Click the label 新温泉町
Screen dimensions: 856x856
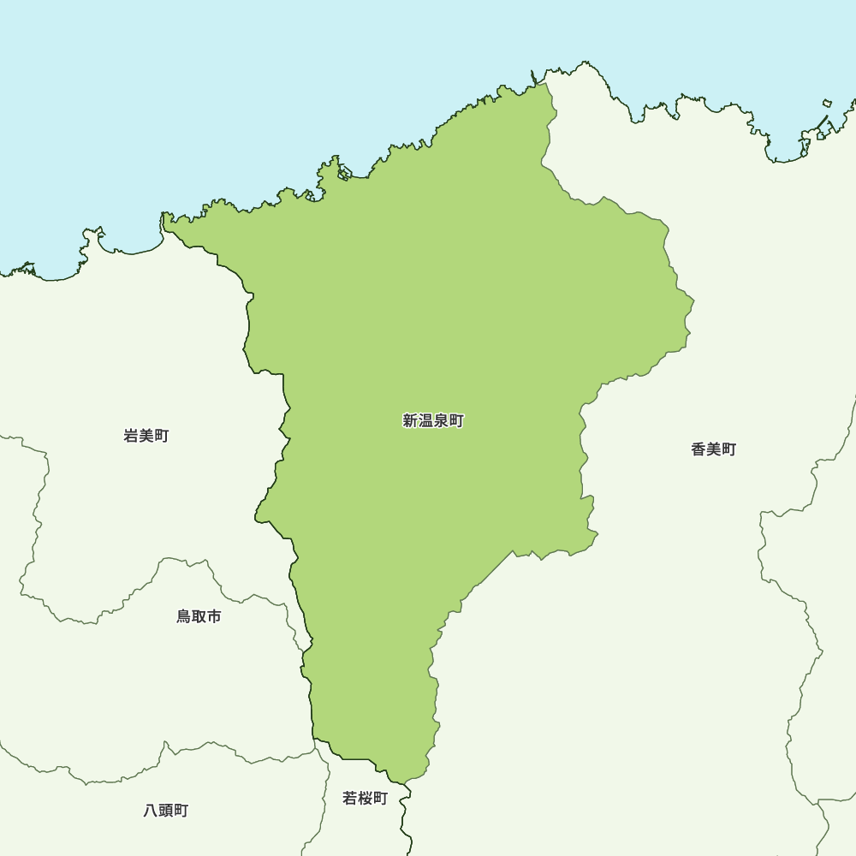(433, 421)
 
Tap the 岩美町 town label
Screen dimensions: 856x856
(146, 436)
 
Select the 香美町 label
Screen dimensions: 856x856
(714, 449)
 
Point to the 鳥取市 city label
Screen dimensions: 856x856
(199, 616)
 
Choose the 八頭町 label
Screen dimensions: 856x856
(166, 811)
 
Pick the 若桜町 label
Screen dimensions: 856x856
(365, 799)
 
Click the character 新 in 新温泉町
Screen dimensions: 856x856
(410, 421)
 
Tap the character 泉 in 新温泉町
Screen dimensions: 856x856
(441, 421)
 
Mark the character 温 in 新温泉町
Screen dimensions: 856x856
(425, 421)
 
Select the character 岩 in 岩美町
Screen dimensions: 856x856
(132, 436)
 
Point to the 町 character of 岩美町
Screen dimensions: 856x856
(162, 436)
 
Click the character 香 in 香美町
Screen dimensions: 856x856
(698, 449)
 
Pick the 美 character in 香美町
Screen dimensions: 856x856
(714, 449)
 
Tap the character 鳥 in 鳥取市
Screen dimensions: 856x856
(184, 616)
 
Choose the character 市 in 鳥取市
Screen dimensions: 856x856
(214, 616)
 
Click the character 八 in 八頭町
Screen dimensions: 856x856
(151, 811)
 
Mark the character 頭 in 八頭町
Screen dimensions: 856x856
(166, 811)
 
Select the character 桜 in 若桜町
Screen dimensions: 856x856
(365, 799)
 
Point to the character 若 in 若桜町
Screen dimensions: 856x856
(349, 799)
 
